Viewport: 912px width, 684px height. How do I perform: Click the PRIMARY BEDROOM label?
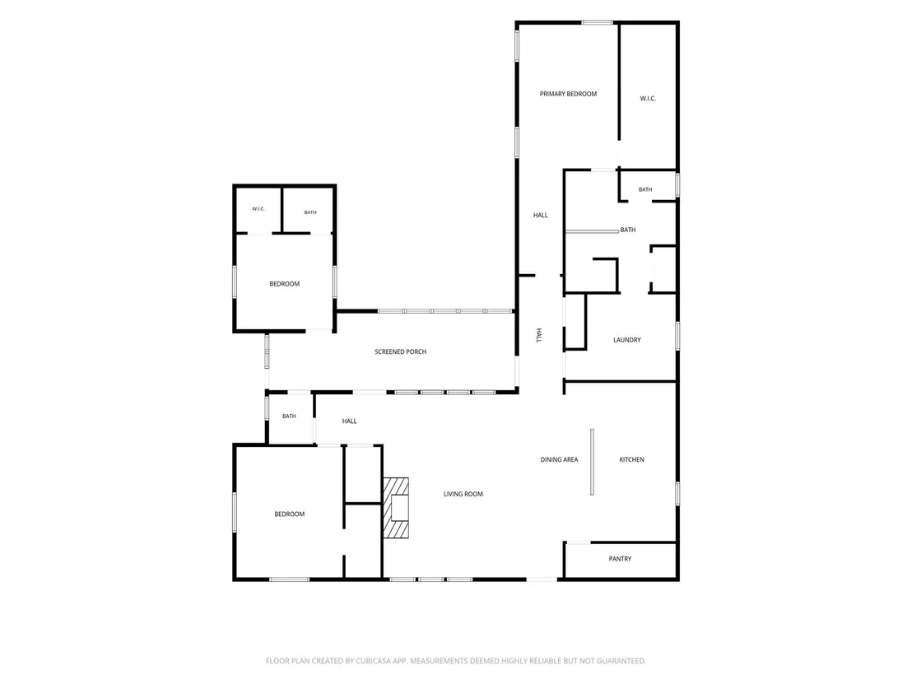568,94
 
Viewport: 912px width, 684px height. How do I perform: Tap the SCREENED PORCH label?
400,352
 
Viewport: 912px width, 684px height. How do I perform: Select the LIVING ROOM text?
463,495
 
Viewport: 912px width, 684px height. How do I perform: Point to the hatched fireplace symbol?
396,508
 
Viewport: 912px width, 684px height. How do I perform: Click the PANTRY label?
620,559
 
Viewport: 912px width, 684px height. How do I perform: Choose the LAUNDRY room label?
627,340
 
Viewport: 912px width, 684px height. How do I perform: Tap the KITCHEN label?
631,460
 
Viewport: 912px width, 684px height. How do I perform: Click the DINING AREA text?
559,460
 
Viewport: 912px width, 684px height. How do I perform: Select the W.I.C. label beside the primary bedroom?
648,99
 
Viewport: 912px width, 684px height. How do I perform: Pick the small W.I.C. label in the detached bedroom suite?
258,209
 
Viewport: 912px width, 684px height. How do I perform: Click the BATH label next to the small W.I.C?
310,213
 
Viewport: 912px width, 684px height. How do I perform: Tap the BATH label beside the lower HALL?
289,416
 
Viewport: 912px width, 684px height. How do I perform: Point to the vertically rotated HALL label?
538,335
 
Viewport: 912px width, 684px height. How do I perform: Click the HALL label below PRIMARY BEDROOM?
540,215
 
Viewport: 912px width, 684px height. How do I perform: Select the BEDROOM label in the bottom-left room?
289,514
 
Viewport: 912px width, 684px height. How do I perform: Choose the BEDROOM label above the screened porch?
285,285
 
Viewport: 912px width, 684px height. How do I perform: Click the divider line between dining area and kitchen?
592,462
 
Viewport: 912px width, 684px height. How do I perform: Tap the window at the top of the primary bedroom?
598,23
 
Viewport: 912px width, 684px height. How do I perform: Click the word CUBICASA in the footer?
375,661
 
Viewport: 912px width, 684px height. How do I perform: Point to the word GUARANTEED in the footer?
624,661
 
